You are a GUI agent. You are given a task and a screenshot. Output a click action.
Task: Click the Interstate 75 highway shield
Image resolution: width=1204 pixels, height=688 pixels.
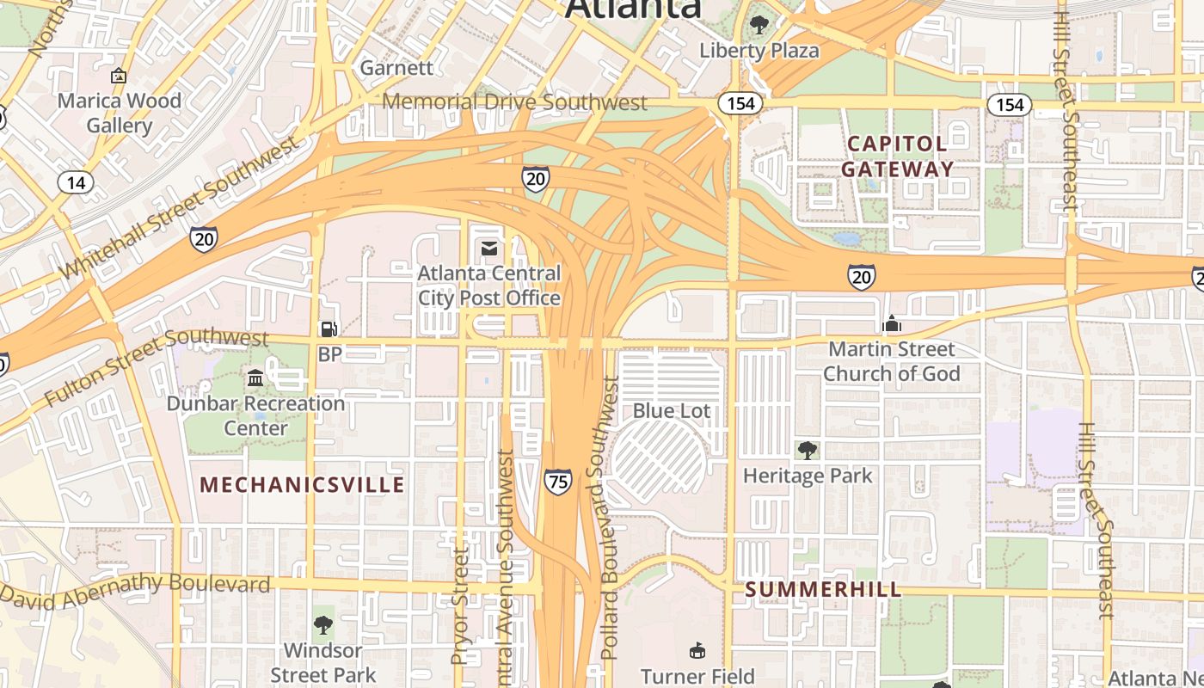pyautogui.click(x=557, y=482)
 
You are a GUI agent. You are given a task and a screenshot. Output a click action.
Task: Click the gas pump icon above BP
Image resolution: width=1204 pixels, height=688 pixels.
pyautogui.click(x=329, y=329)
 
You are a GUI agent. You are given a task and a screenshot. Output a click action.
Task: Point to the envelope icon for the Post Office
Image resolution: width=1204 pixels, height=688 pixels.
pyautogui.click(x=488, y=249)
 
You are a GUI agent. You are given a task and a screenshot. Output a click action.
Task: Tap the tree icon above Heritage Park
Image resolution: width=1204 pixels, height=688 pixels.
pyautogui.click(x=807, y=450)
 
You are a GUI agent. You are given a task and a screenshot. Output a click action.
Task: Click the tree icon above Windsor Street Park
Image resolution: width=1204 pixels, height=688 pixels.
pyautogui.click(x=323, y=625)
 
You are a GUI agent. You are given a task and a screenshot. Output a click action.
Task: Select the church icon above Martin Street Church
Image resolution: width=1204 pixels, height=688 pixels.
pyautogui.click(x=892, y=324)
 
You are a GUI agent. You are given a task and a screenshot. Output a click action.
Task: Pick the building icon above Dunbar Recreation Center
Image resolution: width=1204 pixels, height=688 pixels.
pyautogui.click(x=255, y=378)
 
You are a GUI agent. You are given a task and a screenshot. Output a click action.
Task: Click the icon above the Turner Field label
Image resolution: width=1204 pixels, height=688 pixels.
pyautogui.click(x=697, y=651)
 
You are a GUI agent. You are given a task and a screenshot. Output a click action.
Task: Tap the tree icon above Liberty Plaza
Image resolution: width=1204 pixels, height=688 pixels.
pyautogui.click(x=759, y=24)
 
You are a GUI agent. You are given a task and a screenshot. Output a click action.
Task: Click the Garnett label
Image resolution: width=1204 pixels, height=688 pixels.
pyautogui.click(x=396, y=67)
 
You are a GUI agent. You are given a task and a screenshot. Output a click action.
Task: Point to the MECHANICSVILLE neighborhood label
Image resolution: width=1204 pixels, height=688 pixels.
pyautogui.click(x=302, y=485)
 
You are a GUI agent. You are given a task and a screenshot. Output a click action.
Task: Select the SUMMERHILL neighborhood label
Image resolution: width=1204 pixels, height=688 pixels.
pyautogui.click(x=823, y=589)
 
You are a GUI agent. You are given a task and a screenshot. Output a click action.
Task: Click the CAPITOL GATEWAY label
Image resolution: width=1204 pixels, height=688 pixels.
pyautogui.click(x=897, y=156)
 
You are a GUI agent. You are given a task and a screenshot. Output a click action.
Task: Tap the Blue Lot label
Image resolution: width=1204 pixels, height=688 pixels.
pyautogui.click(x=672, y=411)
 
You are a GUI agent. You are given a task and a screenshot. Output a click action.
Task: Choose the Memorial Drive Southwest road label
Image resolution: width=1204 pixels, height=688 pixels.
pyautogui.click(x=514, y=102)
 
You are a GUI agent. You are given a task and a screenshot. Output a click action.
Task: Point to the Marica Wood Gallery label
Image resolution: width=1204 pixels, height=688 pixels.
pyautogui.click(x=119, y=113)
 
